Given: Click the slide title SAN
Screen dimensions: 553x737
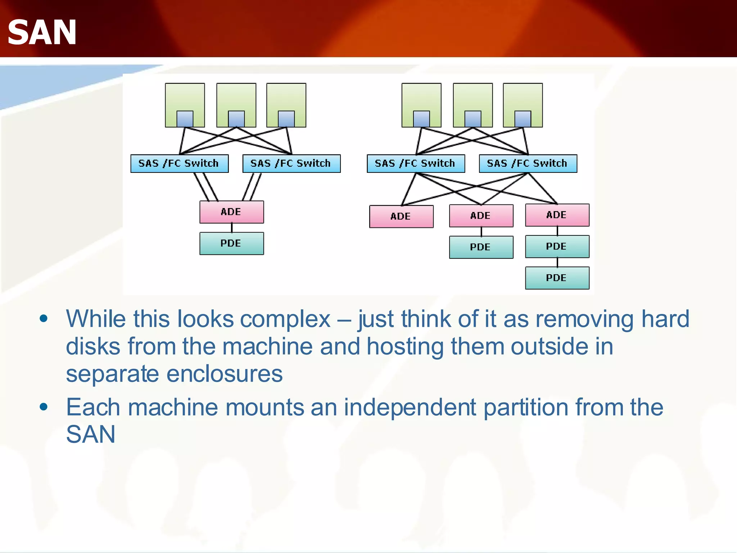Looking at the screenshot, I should point(42,33).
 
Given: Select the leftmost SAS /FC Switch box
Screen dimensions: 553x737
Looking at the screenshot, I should point(179,163).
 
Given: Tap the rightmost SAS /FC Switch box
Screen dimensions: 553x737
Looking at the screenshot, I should point(528,163).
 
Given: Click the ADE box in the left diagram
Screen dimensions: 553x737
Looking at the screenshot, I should point(231,212).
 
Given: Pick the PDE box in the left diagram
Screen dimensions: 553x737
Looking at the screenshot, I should point(231,243).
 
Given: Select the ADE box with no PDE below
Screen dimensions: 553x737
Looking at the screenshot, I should point(401,216).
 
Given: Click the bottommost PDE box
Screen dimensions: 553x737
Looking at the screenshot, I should point(557,278).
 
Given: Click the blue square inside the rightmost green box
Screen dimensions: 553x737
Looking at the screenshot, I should point(523,119).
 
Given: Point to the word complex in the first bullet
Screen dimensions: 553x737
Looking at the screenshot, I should point(285,319).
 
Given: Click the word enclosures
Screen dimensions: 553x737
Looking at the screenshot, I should point(225,374).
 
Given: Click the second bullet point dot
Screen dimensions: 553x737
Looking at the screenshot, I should point(44,407).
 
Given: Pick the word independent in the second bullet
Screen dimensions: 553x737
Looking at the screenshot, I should point(410,407).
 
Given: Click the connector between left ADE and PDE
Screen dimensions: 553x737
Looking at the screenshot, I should point(231,228).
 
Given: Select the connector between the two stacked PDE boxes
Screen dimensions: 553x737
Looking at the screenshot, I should point(557,262).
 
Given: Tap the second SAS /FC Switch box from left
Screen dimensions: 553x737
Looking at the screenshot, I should point(291,163).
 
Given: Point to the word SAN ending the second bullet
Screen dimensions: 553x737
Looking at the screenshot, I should point(91,434).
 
